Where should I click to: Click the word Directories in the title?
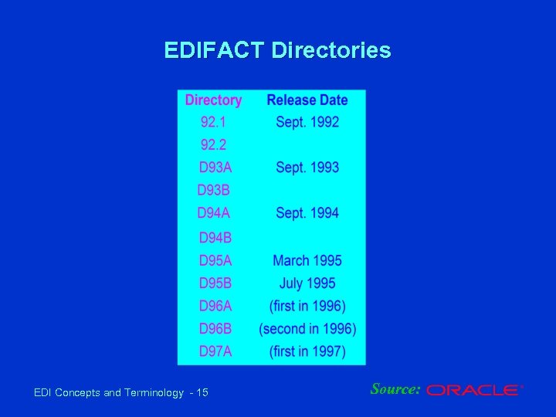pos(331,51)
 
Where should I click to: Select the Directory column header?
pos(213,100)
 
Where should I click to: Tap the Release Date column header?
pos(307,100)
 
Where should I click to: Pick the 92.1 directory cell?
pos(214,122)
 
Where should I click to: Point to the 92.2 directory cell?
pos(214,144)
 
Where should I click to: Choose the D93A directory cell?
pos(215,168)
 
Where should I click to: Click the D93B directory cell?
pos(213,190)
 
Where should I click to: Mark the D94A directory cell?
pos(213,213)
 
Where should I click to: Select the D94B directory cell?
pos(215,238)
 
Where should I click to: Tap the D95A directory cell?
pos(215,261)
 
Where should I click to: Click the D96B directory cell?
pos(215,329)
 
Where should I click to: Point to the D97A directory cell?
pos(215,352)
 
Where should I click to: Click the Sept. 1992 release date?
pos(307,122)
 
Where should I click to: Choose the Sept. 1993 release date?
pos(307,168)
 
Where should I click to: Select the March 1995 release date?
pos(307,261)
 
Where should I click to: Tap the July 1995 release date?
pos(307,283)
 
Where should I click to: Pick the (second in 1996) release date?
pos(307,329)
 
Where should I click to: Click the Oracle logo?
pos(474,391)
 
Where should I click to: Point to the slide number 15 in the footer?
pos(202,393)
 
